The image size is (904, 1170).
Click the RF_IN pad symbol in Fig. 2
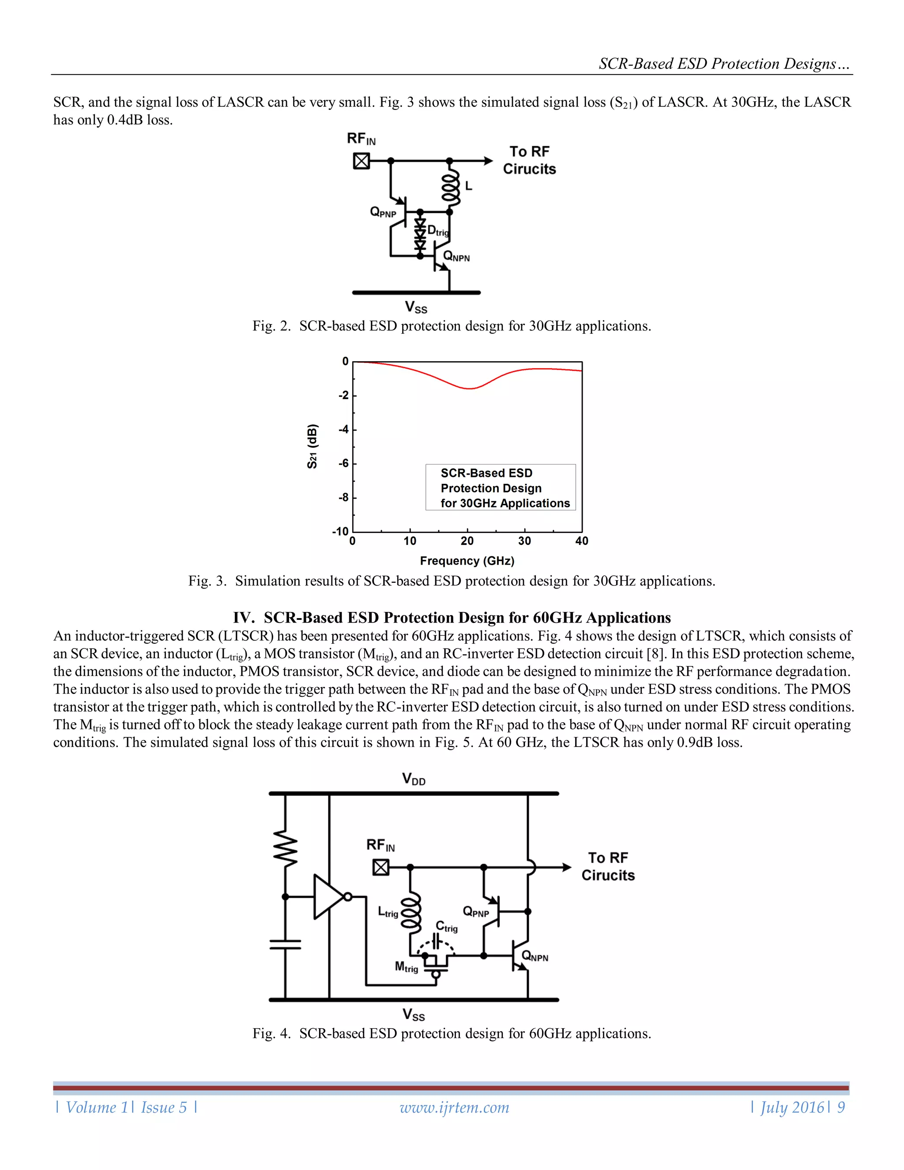click(362, 161)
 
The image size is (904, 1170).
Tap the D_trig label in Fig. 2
click(437, 231)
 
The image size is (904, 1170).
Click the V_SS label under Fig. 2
click(416, 307)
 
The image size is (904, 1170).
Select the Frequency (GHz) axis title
click(467, 561)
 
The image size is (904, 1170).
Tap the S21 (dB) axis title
click(312, 446)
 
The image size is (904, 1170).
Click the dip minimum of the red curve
click(469, 389)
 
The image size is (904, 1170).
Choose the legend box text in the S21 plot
click(500, 488)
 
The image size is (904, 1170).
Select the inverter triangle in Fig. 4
click(328, 897)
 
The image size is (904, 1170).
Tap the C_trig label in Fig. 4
click(447, 927)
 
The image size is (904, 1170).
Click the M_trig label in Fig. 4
click(406, 967)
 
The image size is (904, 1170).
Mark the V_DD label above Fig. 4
click(414, 779)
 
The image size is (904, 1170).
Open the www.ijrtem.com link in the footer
click(454, 1107)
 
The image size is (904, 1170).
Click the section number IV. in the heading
click(244, 618)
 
